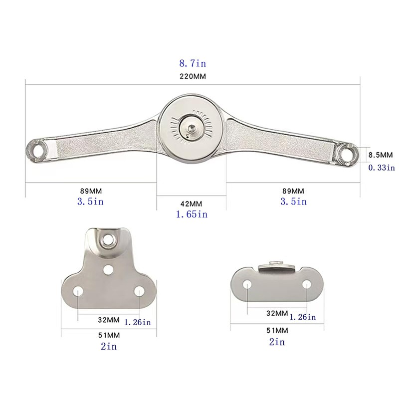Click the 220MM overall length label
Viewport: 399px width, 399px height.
pos(192,77)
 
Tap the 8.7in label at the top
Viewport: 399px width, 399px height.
pos(192,63)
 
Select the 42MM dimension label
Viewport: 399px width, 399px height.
pos(192,204)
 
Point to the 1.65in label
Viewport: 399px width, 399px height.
pos(192,214)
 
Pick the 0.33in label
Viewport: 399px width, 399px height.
pos(382,168)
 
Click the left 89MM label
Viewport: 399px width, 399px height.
pos(92,191)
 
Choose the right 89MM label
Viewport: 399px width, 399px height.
pos(293,191)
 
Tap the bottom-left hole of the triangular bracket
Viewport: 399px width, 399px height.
pos(78,290)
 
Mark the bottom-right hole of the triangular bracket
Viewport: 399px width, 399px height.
pos(140,290)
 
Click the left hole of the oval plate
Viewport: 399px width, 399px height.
pos(247,284)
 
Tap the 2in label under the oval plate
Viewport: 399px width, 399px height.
pos(276,342)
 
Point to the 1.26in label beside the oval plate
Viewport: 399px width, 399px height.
pos(303,317)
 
